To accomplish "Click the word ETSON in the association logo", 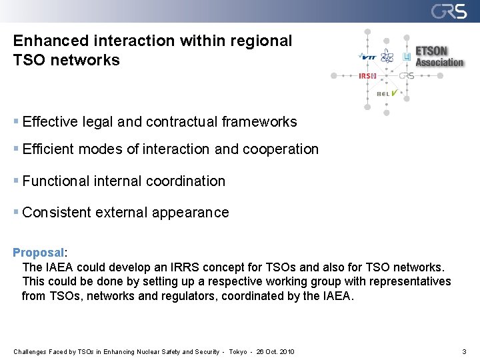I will [x=432, y=51].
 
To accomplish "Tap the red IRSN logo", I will [x=368, y=76].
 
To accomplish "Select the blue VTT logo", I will [x=367, y=57].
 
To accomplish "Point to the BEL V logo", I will [x=387, y=93].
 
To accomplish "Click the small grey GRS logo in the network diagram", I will [x=407, y=76].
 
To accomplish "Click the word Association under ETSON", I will [x=439, y=63].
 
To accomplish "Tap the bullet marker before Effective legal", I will [x=16, y=122].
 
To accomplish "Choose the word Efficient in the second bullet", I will [x=49, y=149].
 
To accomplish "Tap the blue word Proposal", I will [x=39, y=253].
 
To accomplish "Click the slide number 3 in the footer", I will [x=463, y=351].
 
